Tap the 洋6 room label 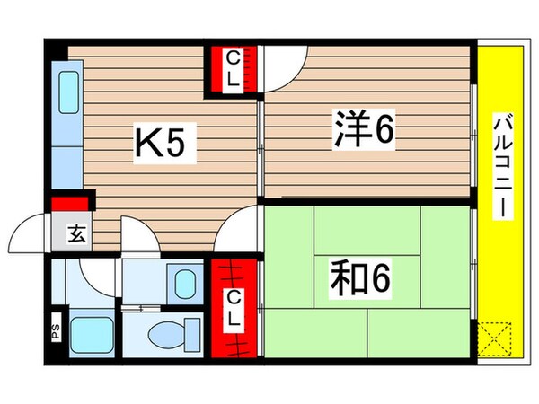point(363,134)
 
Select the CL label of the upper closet point(233,70)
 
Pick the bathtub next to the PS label point(88,335)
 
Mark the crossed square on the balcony point(495,340)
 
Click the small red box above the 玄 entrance point(72,204)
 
